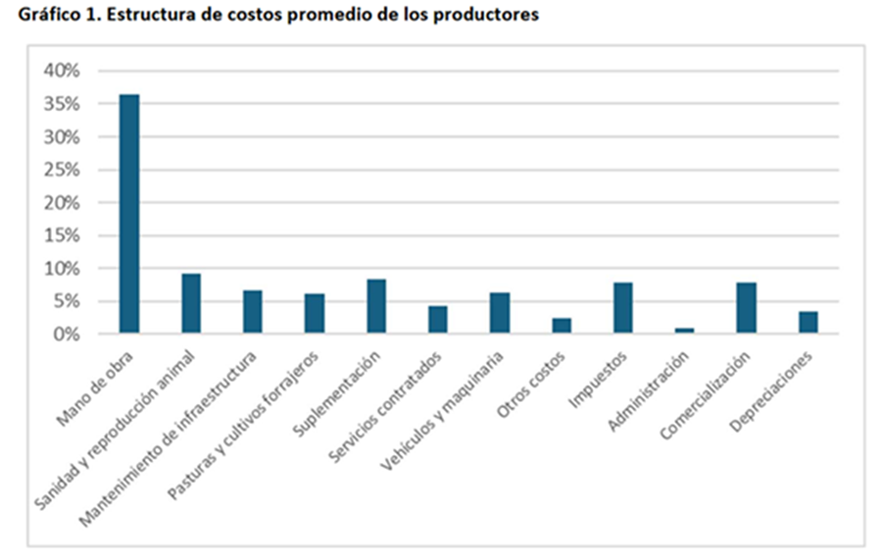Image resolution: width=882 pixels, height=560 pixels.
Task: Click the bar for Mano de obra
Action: tap(129, 214)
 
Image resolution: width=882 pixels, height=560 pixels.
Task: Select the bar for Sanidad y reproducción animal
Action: tap(191, 304)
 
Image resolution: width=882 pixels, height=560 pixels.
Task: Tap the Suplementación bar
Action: tap(376, 306)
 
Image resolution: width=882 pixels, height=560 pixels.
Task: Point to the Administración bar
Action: tap(684, 331)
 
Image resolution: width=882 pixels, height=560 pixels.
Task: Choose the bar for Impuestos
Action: tap(622, 308)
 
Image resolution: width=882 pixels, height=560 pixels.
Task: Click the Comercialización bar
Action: tap(746, 308)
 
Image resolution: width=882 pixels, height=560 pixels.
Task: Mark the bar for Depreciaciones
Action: tap(808, 323)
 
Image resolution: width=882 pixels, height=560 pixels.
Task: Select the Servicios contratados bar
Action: tap(438, 320)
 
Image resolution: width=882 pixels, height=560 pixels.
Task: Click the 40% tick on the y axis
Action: tap(61, 71)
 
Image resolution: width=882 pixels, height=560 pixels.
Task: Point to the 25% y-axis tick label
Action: tap(61, 170)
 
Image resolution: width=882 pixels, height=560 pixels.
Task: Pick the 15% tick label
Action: tap(61, 235)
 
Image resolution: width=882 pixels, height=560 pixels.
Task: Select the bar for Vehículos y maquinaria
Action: tap(500, 313)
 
